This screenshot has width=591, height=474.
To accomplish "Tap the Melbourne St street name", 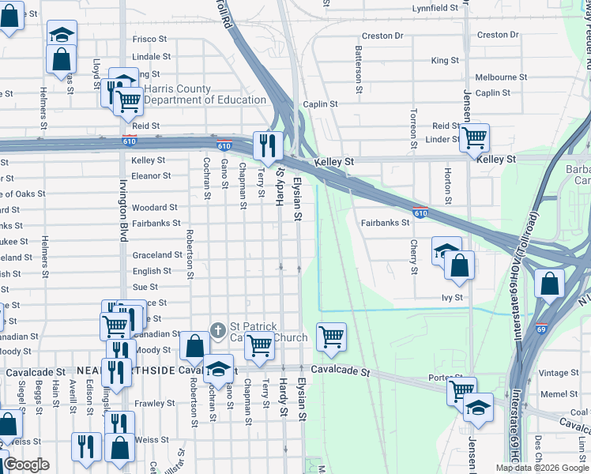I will (x=501, y=77).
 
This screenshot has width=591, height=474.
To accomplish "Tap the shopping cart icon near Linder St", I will (x=474, y=137).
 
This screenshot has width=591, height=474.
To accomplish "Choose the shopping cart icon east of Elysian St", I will (x=331, y=337).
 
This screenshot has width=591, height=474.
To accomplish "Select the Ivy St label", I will (x=451, y=298).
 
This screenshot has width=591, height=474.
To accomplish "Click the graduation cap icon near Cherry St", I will (x=446, y=250).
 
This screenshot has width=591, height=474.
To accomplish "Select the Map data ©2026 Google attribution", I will (x=542, y=468).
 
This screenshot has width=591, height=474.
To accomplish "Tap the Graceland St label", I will (x=157, y=255).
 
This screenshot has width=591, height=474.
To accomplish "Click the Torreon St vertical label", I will (x=413, y=129).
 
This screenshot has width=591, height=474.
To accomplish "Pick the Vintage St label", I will (x=558, y=373).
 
